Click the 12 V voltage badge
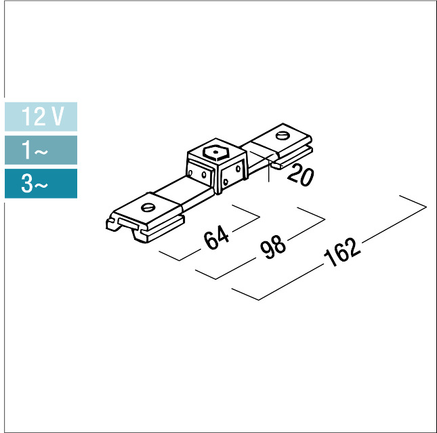point(41,117)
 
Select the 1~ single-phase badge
point(41,150)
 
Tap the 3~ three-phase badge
point(41,184)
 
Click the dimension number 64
point(216,238)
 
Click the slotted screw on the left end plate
point(148,204)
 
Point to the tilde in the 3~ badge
point(41,185)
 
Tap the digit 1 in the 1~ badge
point(26,150)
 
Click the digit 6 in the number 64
point(211,241)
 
